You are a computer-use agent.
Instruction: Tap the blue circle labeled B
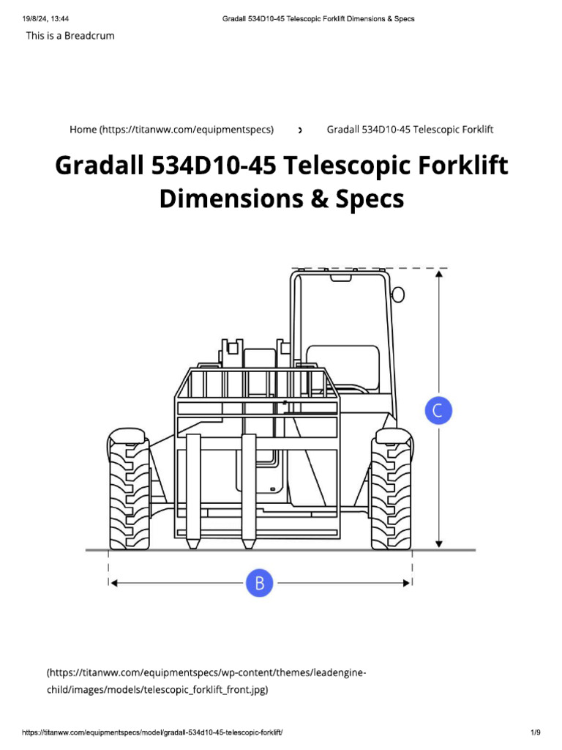[259, 583]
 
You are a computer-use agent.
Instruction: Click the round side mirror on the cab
[398, 294]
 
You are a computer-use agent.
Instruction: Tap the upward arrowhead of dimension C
[439, 274]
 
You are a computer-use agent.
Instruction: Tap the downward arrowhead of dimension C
[439, 543]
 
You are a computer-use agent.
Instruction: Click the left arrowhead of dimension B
[113, 583]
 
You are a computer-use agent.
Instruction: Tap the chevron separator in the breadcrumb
[300, 130]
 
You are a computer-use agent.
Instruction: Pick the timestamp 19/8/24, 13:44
[45, 18]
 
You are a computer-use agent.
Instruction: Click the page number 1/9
[535, 732]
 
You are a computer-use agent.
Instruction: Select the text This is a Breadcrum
[70, 35]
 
